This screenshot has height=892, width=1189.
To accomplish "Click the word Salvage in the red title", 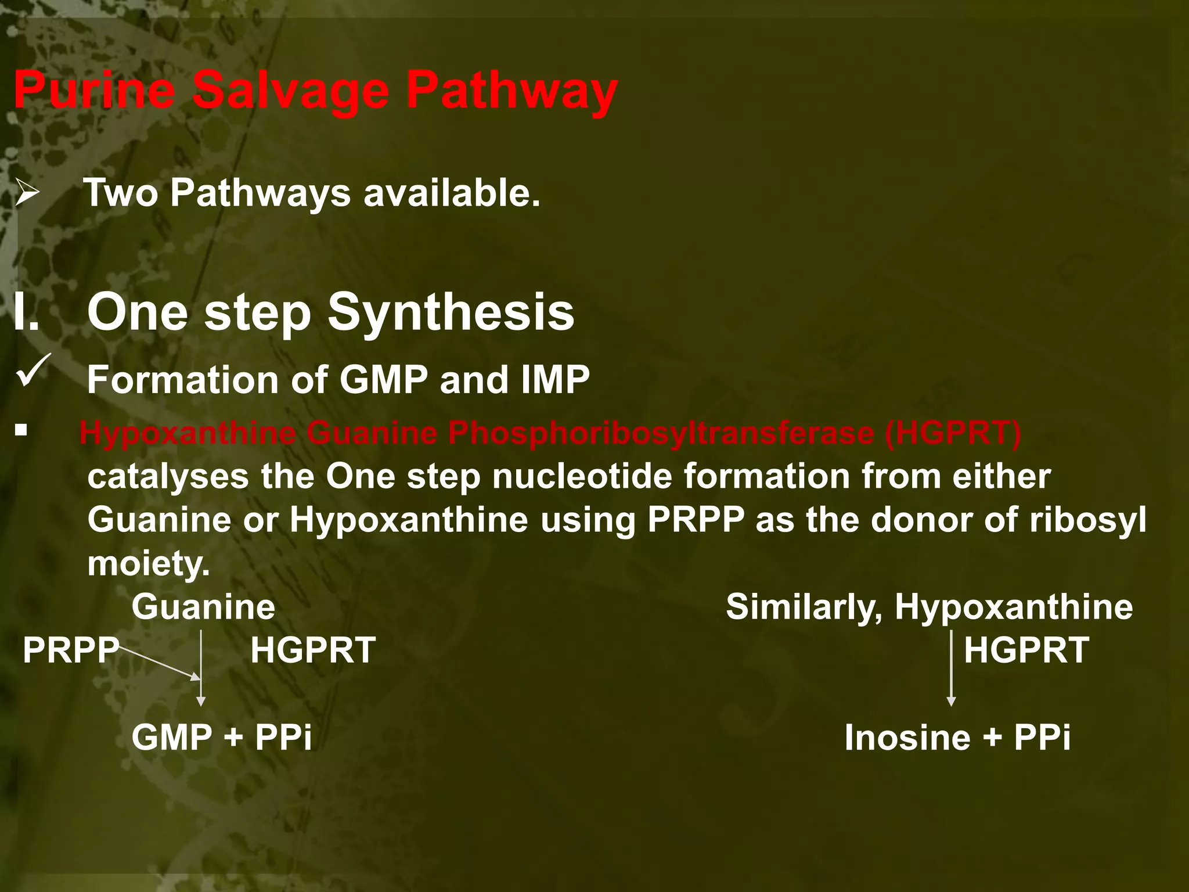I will (290, 91).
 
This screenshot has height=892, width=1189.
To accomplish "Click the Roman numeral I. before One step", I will (27, 312).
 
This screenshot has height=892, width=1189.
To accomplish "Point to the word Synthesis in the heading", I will (451, 312).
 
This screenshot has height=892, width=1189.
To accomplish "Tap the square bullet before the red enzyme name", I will (21, 430).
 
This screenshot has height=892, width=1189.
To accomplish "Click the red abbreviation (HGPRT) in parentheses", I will (953, 433).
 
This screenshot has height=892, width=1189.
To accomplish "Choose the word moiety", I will (148, 563).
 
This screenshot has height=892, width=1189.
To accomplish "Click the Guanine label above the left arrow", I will (203, 607).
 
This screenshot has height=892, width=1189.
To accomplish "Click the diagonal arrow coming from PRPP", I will (160, 663).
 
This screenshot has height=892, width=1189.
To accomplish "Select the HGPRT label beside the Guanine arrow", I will (313, 650).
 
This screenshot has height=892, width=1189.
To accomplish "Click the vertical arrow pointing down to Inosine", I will (951, 668).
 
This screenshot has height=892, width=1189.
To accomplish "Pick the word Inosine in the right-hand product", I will (907, 738).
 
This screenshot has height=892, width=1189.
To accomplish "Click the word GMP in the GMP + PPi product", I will (172, 738).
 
